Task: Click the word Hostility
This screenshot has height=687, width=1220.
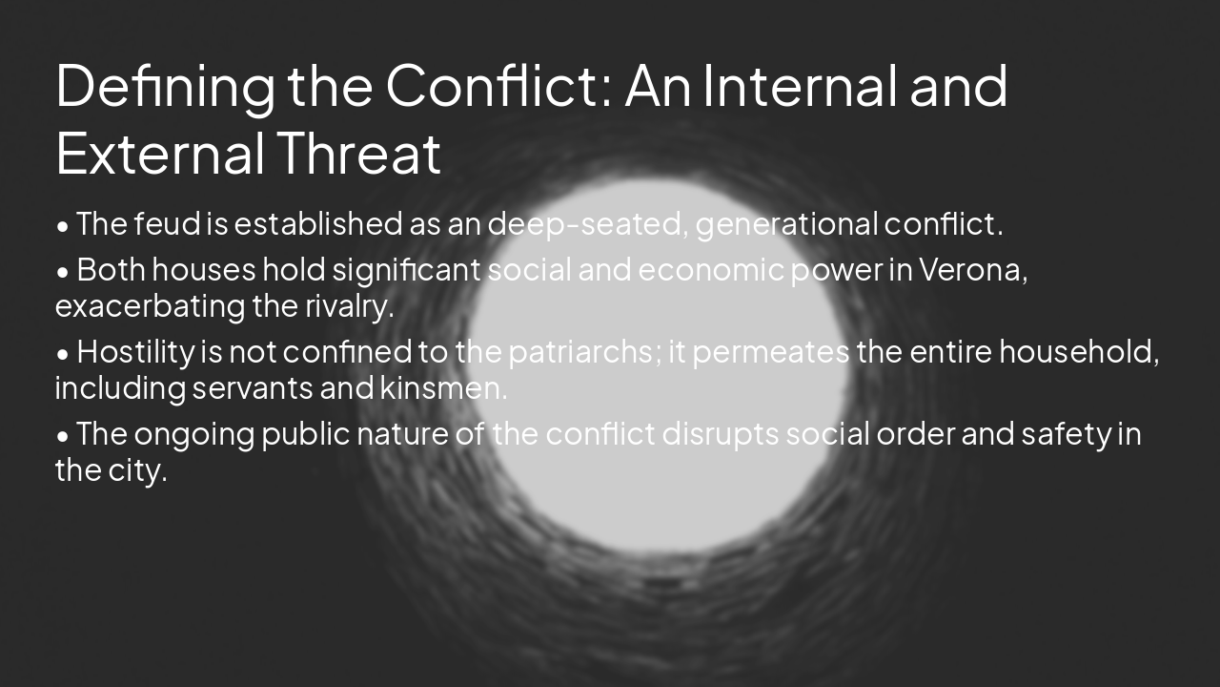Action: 135,352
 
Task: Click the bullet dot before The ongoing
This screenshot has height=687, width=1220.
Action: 63,436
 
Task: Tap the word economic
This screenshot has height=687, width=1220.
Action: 711,270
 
